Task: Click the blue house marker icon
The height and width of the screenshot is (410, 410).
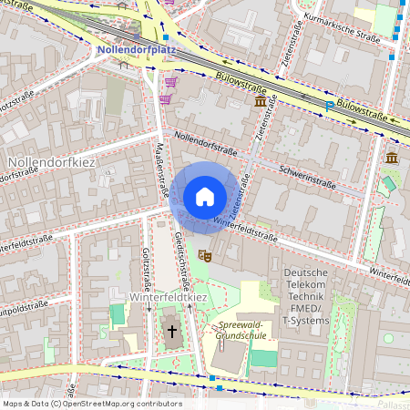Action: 205,197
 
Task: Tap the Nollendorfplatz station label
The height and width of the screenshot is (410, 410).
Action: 136,50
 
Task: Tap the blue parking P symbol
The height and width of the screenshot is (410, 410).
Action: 329,107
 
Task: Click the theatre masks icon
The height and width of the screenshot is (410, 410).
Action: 205,257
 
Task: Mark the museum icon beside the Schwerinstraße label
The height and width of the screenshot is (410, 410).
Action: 392,159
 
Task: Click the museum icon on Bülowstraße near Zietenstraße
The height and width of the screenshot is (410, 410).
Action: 261,102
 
